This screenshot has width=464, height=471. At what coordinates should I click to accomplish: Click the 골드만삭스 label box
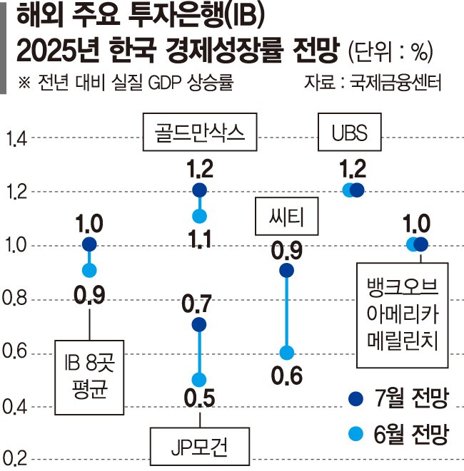pos(199,132)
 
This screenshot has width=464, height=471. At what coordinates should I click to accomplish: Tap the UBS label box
pos(348,132)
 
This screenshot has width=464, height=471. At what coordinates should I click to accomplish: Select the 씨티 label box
pos(286,217)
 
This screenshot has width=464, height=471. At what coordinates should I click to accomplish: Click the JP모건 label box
pos(199,447)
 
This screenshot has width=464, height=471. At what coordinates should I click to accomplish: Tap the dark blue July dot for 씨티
pos(286,270)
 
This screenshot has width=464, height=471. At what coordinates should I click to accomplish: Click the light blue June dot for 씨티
pos(286,353)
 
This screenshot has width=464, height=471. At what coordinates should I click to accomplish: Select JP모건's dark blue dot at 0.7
pos(199,325)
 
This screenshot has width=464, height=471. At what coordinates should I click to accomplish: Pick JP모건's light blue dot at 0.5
pos(199,379)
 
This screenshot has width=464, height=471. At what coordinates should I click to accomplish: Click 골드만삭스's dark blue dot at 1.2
pos(199,190)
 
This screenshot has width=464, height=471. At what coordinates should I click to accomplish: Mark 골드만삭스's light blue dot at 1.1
pos(199,216)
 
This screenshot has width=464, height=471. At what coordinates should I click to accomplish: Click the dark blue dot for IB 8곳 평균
pos(89,244)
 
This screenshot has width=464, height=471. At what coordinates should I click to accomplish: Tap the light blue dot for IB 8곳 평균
pos(89,270)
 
